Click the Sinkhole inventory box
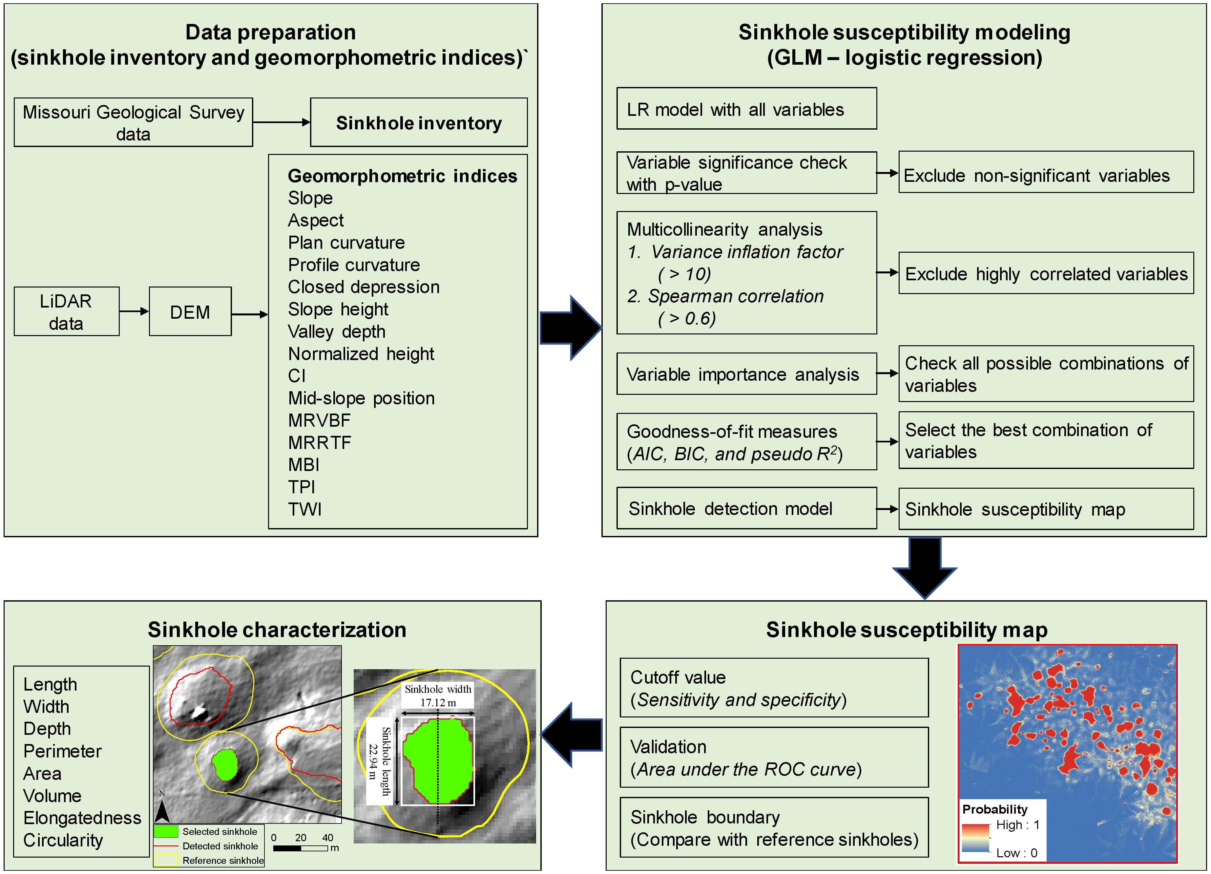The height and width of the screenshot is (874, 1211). coord(419,122)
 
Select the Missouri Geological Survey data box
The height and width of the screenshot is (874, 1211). coord(133,122)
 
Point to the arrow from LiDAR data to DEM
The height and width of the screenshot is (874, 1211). coord(134,311)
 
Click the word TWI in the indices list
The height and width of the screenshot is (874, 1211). coord(304,509)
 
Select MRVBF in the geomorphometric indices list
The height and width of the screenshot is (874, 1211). coord(319,420)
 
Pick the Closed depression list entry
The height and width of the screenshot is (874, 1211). coord(363,287)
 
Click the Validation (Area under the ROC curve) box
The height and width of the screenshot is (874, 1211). coord(773,757)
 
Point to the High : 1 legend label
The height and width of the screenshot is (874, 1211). coord(1017,825)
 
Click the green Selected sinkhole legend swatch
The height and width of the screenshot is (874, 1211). coord(166,831)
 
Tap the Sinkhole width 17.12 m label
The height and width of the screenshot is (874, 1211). coord(437,695)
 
